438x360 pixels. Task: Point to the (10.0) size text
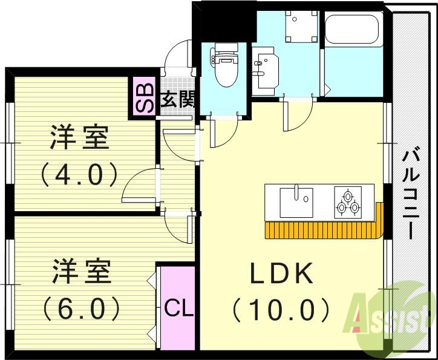281,310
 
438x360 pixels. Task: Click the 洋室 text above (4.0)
79,138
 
